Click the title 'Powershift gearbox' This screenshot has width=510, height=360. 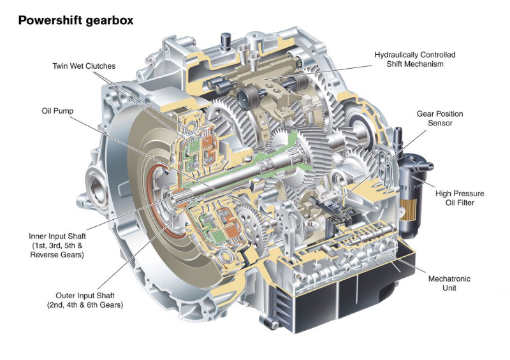[75, 20]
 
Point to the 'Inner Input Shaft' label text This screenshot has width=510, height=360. [55, 234]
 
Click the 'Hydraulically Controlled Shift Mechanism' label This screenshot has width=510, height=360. [415, 59]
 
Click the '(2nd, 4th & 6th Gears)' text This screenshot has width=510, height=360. [85, 305]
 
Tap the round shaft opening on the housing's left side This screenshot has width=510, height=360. [98, 191]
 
